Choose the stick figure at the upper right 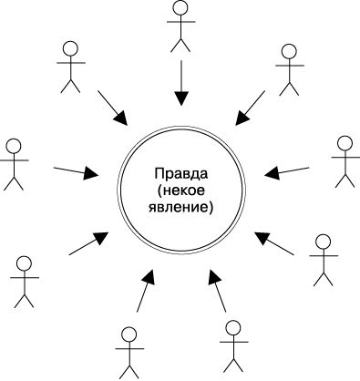click(x=290, y=68)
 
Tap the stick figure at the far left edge click(x=13, y=164)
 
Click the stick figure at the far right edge click(x=345, y=161)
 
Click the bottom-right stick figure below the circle click(x=234, y=345)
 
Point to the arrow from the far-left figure click(x=77, y=170)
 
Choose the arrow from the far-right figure click(x=286, y=170)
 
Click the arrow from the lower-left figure click(x=88, y=243)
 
